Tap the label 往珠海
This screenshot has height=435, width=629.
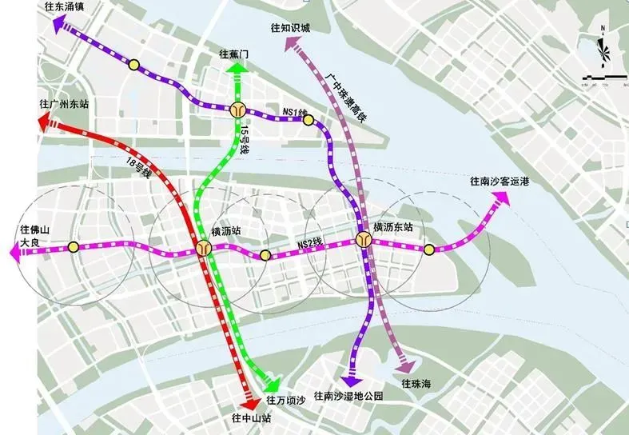point(416,384)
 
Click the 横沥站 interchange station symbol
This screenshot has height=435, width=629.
point(205,249)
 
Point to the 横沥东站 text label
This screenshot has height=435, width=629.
point(392,228)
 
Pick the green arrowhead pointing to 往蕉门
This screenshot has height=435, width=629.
point(237,69)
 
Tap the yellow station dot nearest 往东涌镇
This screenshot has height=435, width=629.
point(134,65)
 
